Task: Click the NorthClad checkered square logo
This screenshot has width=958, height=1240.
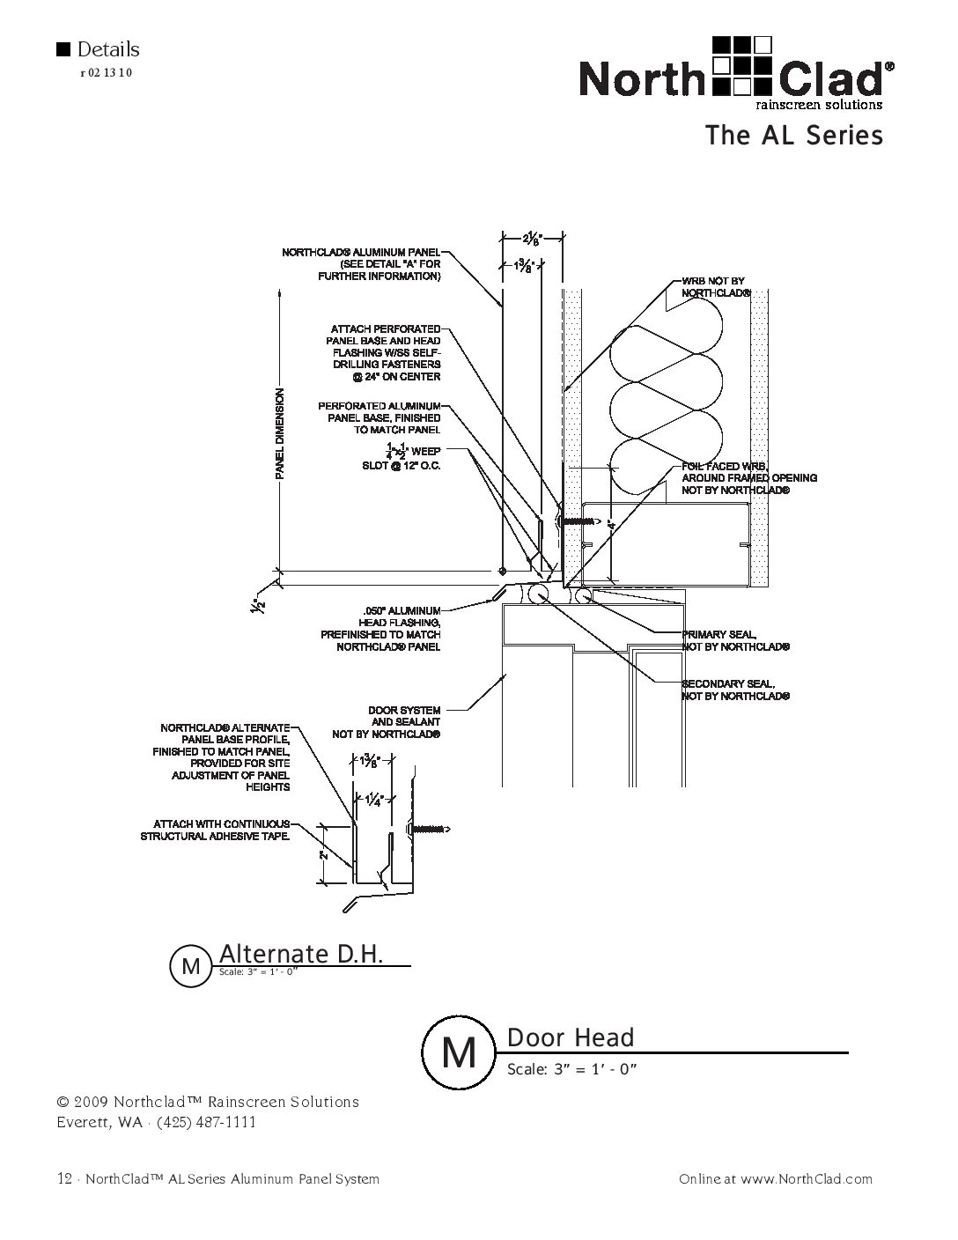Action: click(742, 66)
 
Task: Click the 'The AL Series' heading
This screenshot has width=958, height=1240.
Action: click(794, 136)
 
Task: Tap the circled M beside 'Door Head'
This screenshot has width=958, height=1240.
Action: click(459, 1052)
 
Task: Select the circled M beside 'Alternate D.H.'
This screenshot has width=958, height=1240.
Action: click(190, 966)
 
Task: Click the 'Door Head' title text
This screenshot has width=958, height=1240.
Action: click(571, 1037)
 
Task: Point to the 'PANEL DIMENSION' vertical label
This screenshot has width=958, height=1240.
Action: click(280, 433)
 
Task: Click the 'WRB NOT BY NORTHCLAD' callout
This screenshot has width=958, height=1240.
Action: click(716, 287)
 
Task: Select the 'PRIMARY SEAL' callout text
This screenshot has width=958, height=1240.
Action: click(735, 640)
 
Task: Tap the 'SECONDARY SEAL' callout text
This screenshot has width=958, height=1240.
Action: click(735, 690)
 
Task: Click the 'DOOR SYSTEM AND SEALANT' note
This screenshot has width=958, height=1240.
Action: click(387, 722)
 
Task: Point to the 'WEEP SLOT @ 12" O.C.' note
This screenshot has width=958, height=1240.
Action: click(402, 455)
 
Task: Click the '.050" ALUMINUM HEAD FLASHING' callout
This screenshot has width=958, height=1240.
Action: click(380, 629)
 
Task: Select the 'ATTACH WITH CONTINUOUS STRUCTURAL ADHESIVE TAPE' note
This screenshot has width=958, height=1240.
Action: click(215, 830)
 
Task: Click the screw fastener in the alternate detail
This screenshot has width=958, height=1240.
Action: click(430, 829)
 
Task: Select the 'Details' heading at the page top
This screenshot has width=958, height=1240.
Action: click(107, 49)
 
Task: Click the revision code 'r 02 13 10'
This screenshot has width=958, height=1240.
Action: click(107, 73)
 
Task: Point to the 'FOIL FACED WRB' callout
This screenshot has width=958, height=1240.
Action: click(749, 478)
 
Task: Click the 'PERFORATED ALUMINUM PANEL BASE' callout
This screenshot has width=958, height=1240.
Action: click(380, 417)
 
